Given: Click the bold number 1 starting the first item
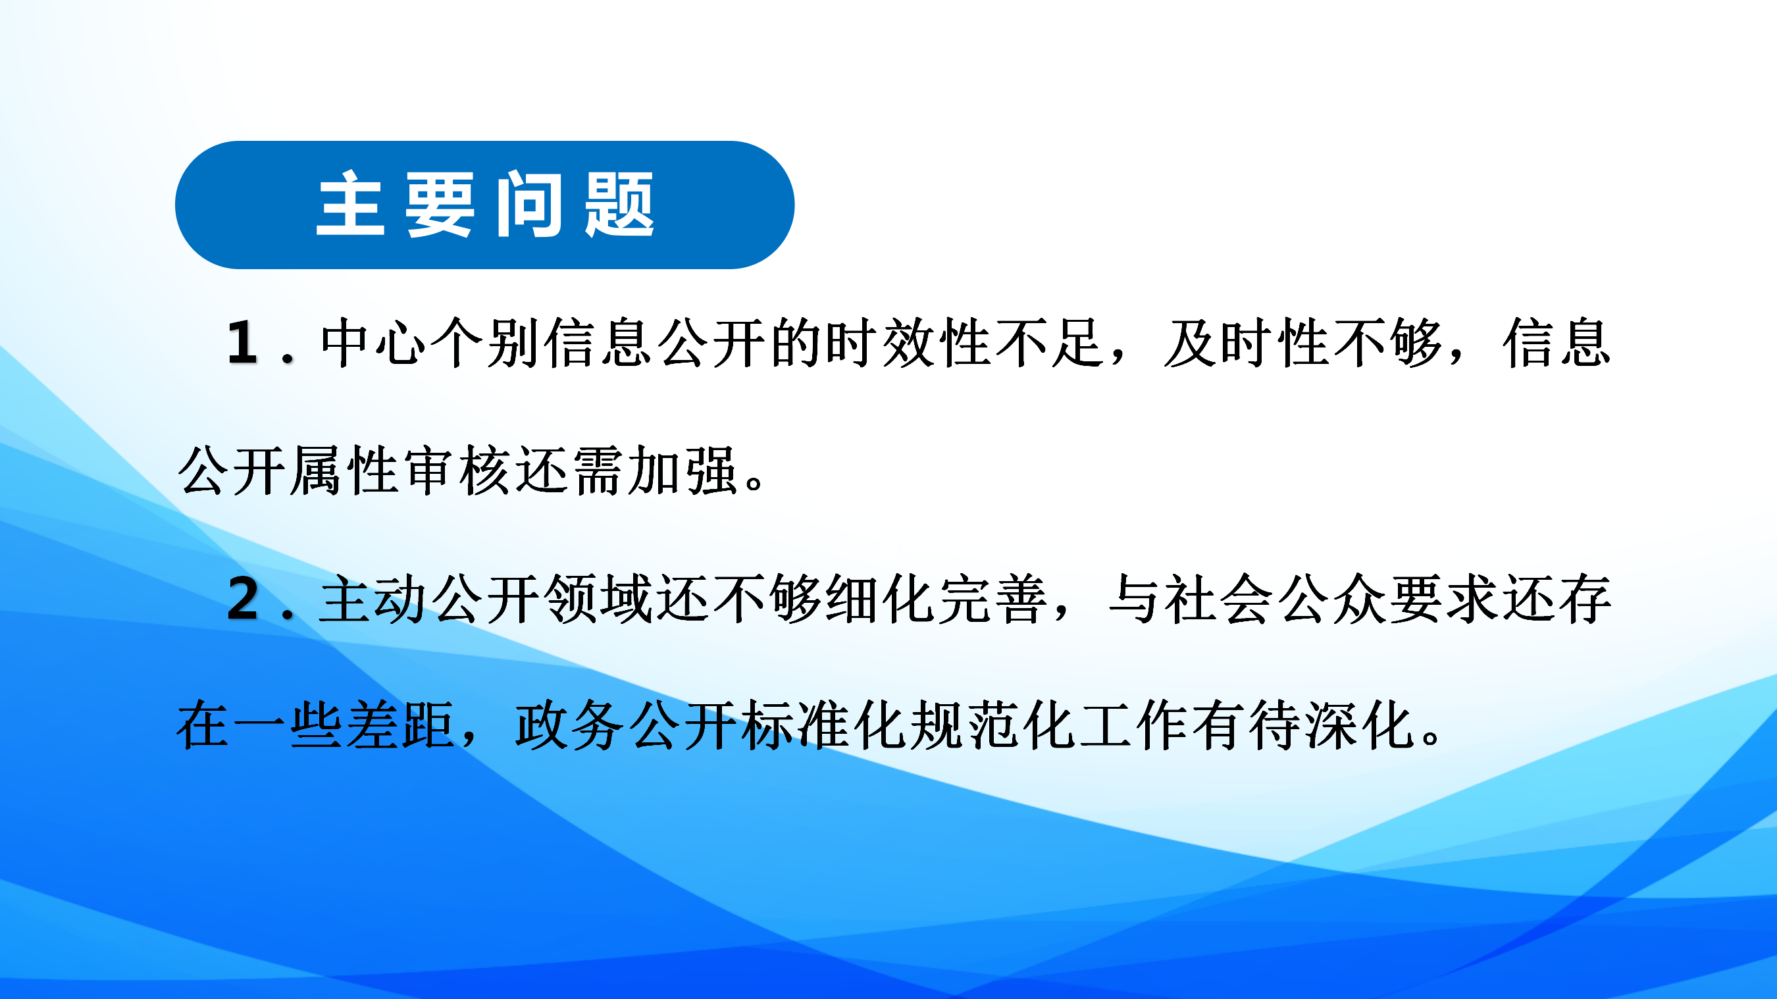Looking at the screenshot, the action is [242, 342].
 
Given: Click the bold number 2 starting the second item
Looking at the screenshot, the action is [242, 599].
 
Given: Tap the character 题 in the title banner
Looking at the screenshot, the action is [619, 205].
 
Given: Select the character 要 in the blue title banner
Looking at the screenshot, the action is [440, 205].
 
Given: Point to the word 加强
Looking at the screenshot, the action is [682, 471].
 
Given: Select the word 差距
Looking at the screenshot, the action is [400, 726].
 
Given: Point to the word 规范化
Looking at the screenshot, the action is [992, 726].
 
